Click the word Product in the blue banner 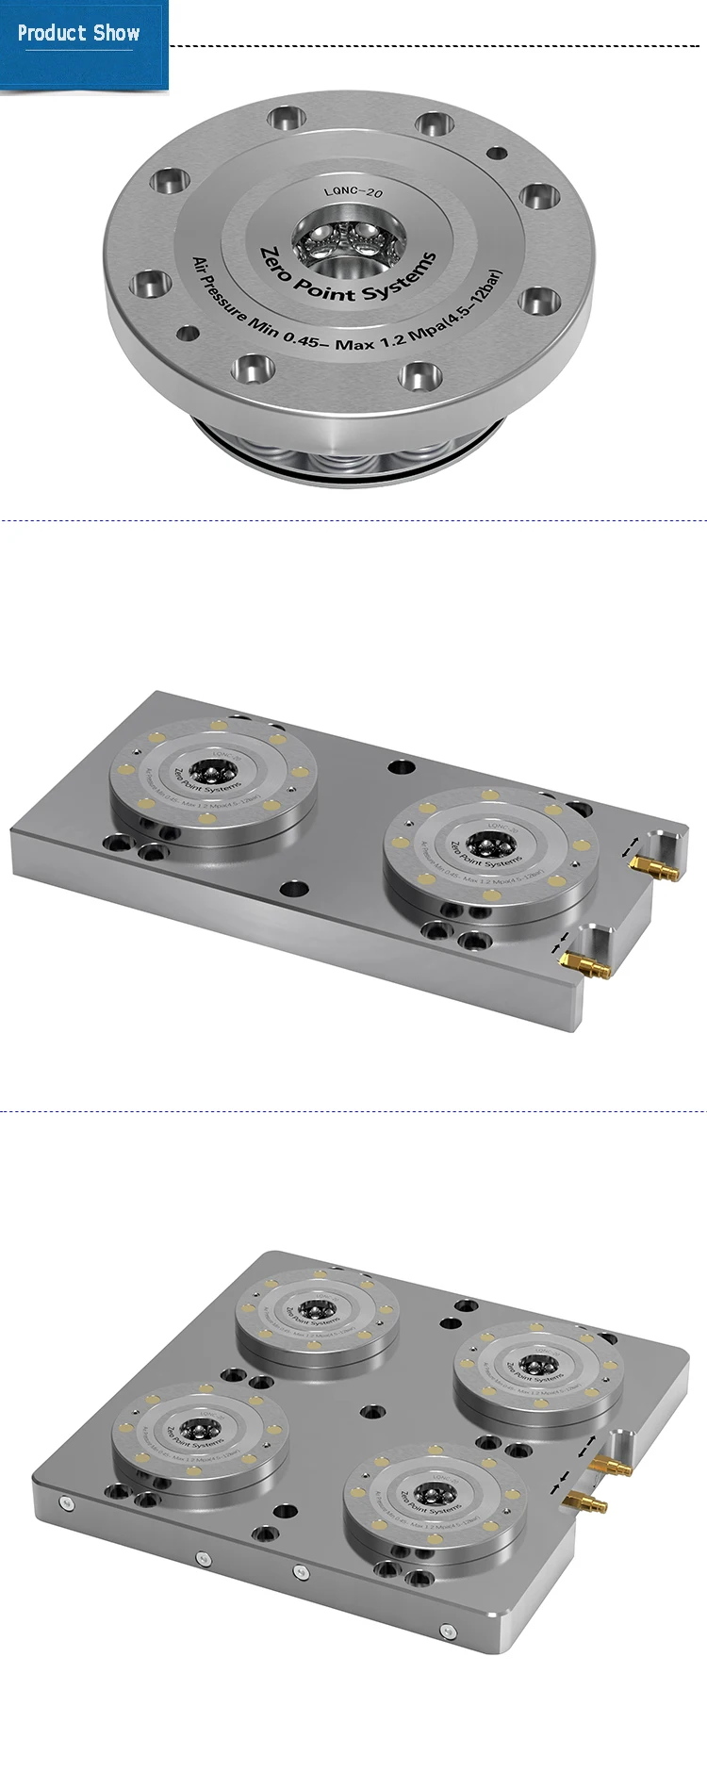pos(52,34)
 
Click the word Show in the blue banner pos(117,34)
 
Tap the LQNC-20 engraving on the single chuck pos(353,192)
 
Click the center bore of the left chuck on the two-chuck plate pos(202,768)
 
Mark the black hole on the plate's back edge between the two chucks pos(402,767)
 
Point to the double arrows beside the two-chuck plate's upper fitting pos(631,845)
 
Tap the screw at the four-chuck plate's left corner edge pos(64,1502)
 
